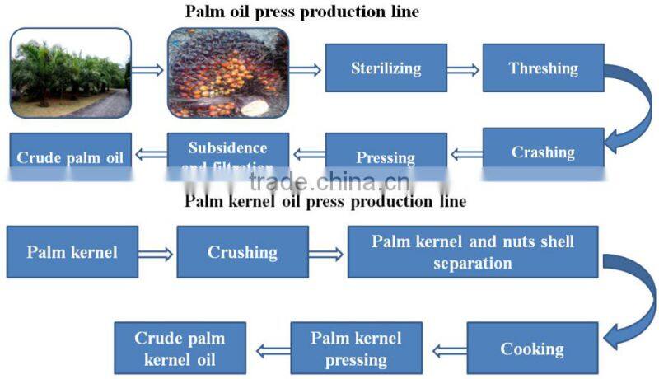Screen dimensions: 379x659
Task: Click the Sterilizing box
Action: click(x=386, y=68)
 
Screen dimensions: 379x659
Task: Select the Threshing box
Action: click(x=543, y=68)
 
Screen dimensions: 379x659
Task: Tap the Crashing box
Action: click(x=543, y=152)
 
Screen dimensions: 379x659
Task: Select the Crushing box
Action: click(x=242, y=251)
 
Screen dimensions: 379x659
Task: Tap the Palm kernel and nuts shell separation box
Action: click(x=472, y=251)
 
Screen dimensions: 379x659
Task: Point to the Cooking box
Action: click(x=532, y=348)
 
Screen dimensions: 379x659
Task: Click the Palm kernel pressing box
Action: click(x=356, y=348)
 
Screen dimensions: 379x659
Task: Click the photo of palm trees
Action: click(x=71, y=73)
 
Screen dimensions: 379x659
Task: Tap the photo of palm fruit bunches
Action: click(x=228, y=73)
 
